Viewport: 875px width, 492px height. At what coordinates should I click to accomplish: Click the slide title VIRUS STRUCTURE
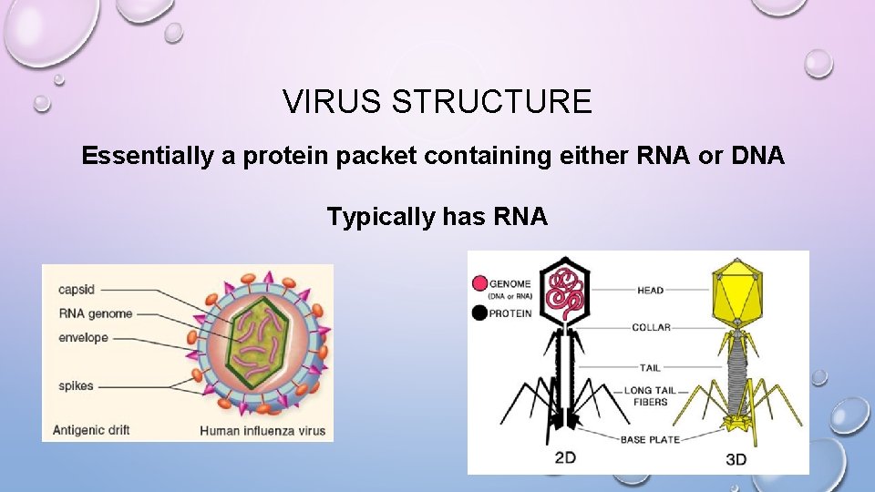(437, 101)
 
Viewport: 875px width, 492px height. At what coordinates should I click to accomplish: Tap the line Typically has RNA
(437, 217)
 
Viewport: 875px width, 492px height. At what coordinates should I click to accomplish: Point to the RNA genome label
(96, 313)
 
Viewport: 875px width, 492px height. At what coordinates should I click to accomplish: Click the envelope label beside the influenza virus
(83, 337)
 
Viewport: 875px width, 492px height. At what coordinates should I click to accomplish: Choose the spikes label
(77, 385)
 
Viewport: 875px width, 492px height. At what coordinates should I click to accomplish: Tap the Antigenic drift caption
(95, 429)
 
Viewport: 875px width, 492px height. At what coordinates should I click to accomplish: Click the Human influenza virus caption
(262, 430)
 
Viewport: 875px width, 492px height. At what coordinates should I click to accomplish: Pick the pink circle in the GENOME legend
(479, 284)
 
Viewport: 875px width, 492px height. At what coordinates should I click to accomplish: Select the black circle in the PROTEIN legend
(479, 313)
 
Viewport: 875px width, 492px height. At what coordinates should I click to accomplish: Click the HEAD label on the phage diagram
(650, 291)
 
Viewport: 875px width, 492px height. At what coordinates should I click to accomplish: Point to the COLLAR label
(651, 327)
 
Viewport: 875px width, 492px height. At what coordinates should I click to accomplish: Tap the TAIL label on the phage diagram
(650, 368)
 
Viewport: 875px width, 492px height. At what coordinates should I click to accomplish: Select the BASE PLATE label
(651, 440)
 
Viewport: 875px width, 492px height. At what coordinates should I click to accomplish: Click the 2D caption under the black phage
(565, 457)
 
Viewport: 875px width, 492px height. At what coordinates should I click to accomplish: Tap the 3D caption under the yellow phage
(736, 458)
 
